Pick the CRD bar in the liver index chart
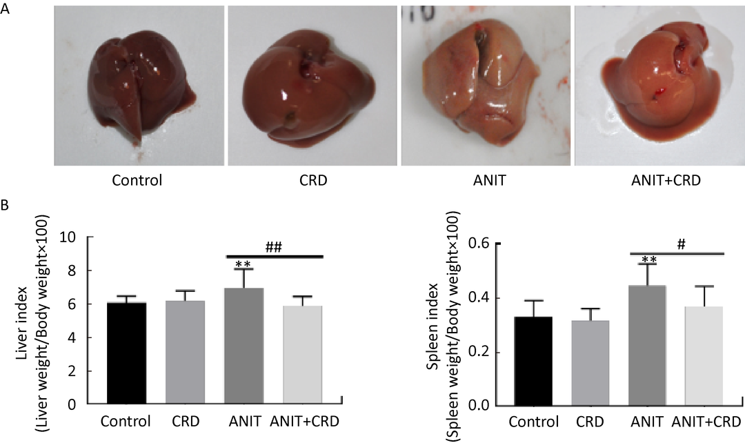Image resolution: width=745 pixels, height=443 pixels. click(x=184, y=353)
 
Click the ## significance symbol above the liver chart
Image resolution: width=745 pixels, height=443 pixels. click(x=275, y=247)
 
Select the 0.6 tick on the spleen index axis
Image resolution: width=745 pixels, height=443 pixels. click(x=481, y=244)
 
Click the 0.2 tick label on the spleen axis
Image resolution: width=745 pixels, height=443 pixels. click(x=481, y=352)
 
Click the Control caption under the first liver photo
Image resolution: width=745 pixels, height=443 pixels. click(x=140, y=181)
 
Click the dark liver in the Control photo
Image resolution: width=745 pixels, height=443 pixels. click(x=141, y=90)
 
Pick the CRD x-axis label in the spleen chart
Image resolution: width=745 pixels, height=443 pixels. click(x=590, y=421)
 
